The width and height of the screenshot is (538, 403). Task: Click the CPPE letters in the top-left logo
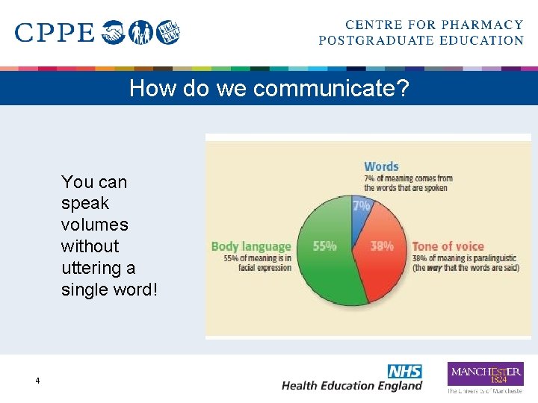coord(55,33)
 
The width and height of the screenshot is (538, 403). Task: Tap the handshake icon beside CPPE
coord(114,33)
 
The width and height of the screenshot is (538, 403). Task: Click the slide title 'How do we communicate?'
coord(269,88)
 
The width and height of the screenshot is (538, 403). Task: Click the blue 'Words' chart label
coord(381,166)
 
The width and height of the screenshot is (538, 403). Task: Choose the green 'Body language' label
coord(251,246)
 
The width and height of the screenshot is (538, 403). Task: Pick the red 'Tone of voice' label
coord(448,246)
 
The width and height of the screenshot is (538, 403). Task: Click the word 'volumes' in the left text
coord(94,225)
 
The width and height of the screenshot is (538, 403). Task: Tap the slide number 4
coord(37,381)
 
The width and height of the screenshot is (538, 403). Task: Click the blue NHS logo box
coord(404,371)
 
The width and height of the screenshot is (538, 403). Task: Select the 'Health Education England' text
coord(351,386)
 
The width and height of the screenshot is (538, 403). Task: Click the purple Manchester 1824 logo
coord(485,374)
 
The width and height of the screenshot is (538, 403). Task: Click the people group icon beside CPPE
coord(140,33)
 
